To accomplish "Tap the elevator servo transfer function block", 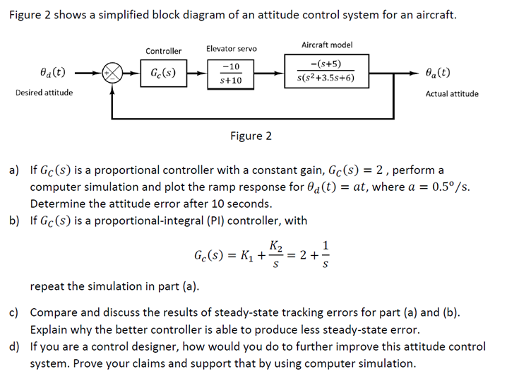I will (232, 73).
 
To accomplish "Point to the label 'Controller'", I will (163, 51).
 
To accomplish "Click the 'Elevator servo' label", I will (232, 49).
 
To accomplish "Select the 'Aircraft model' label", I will (327, 45).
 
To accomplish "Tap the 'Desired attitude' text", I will (44, 93).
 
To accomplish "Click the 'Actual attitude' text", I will (452, 93).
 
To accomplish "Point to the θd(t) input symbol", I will (54, 72).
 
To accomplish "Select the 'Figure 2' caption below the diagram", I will (251, 136).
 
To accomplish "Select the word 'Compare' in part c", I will (54, 312).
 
